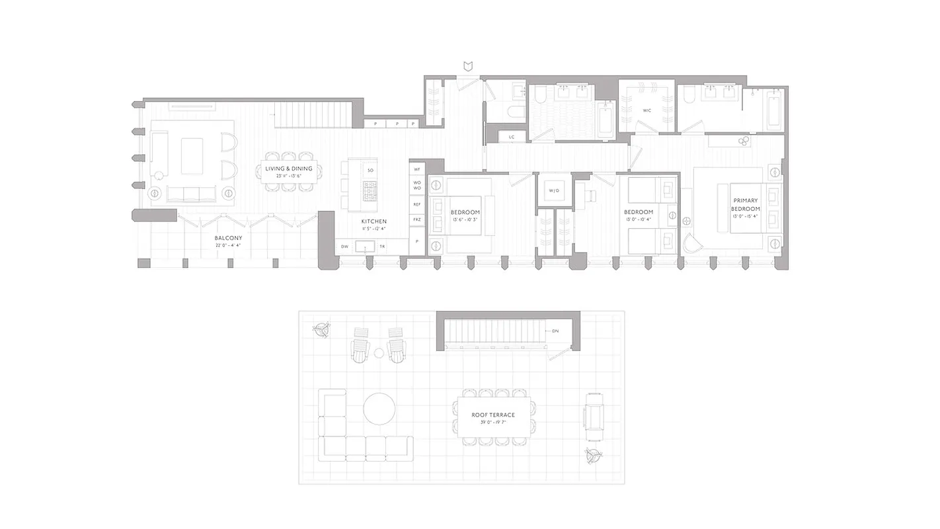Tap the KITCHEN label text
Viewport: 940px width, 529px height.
pyautogui.click(x=373, y=221)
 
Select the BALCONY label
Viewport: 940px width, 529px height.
pyautogui.click(x=228, y=238)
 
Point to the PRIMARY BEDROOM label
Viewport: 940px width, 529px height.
pyautogui.click(x=746, y=204)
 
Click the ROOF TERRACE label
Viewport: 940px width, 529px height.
pyautogui.click(x=493, y=415)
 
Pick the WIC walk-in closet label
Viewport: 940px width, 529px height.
pyautogui.click(x=646, y=110)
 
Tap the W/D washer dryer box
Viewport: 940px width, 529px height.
pyautogui.click(x=554, y=191)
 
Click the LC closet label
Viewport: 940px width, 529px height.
pyautogui.click(x=511, y=137)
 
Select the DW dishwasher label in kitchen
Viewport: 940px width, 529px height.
pyautogui.click(x=344, y=247)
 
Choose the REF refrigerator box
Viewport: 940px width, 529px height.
pyautogui.click(x=417, y=205)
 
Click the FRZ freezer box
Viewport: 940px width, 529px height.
pyautogui.click(x=417, y=220)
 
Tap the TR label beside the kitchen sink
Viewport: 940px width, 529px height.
pyautogui.click(x=382, y=247)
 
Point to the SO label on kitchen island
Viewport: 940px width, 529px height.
pyautogui.click(x=370, y=171)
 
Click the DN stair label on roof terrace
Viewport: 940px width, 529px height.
pyautogui.click(x=555, y=331)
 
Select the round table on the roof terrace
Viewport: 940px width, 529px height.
pyautogui.click(x=379, y=409)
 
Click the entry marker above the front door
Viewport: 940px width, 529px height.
pyautogui.click(x=469, y=66)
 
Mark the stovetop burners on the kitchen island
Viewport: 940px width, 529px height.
pyautogui.click(x=370, y=192)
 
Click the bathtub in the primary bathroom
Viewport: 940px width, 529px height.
pyautogui.click(x=773, y=110)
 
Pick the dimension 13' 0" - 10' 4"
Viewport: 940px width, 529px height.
pyautogui.click(x=638, y=220)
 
